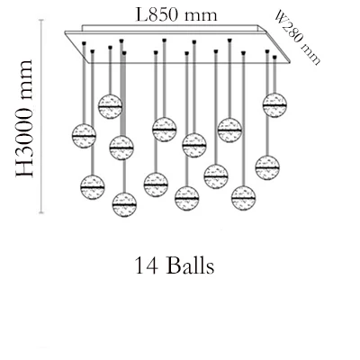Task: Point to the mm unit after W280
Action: (x=311, y=54)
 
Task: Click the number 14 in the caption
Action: (x=147, y=265)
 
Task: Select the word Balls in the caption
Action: (x=191, y=265)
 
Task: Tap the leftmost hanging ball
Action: (x=84, y=136)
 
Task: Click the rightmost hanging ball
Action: (x=274, y=105)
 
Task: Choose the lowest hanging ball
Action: (x=124, y=204)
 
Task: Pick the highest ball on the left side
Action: (x=110, y=106)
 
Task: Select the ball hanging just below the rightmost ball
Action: (x=267, y=167)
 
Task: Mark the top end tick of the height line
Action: (x=41, y=20)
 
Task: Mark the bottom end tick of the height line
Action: (x=41, y=212)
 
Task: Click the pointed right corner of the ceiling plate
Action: (x=291, y=62)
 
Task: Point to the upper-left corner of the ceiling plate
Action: (x=65, y=31)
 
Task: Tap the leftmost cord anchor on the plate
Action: (x=84, y=44)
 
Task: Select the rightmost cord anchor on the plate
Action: (x=274, y=57)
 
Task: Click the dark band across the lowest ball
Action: (x=124, y=204)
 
